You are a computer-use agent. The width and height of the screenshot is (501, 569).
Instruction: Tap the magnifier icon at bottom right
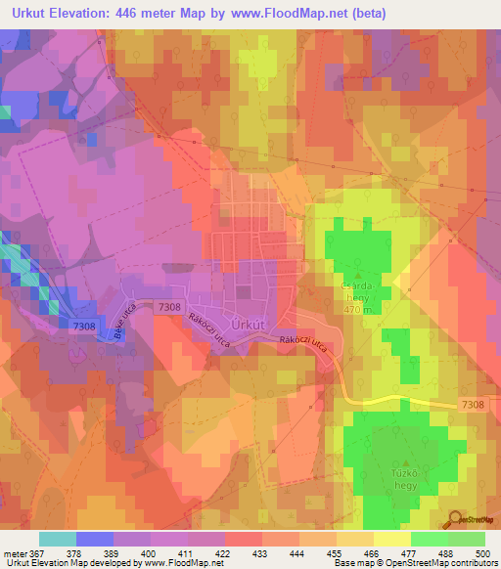point(453,519)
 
